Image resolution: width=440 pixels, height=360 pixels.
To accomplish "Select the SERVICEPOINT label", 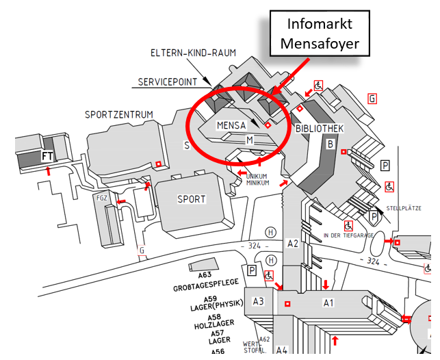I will click(167, 81).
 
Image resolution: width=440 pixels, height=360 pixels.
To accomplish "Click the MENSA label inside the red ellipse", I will click(231, 126).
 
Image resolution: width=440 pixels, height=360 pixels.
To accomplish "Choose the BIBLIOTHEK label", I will click(319, 129).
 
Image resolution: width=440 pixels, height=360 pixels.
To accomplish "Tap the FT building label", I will click(48, 156).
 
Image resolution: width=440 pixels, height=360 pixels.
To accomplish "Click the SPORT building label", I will click(191, 199).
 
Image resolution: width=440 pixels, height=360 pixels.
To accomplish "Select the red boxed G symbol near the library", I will click(372, 99).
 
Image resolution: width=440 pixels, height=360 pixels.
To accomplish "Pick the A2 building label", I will click(293, 243).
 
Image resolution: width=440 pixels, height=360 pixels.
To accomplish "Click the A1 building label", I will click(328, 302).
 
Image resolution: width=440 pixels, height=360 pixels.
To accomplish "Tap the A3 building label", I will click(259, 301).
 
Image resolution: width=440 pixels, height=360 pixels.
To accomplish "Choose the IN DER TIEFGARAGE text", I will click(348, 235).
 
